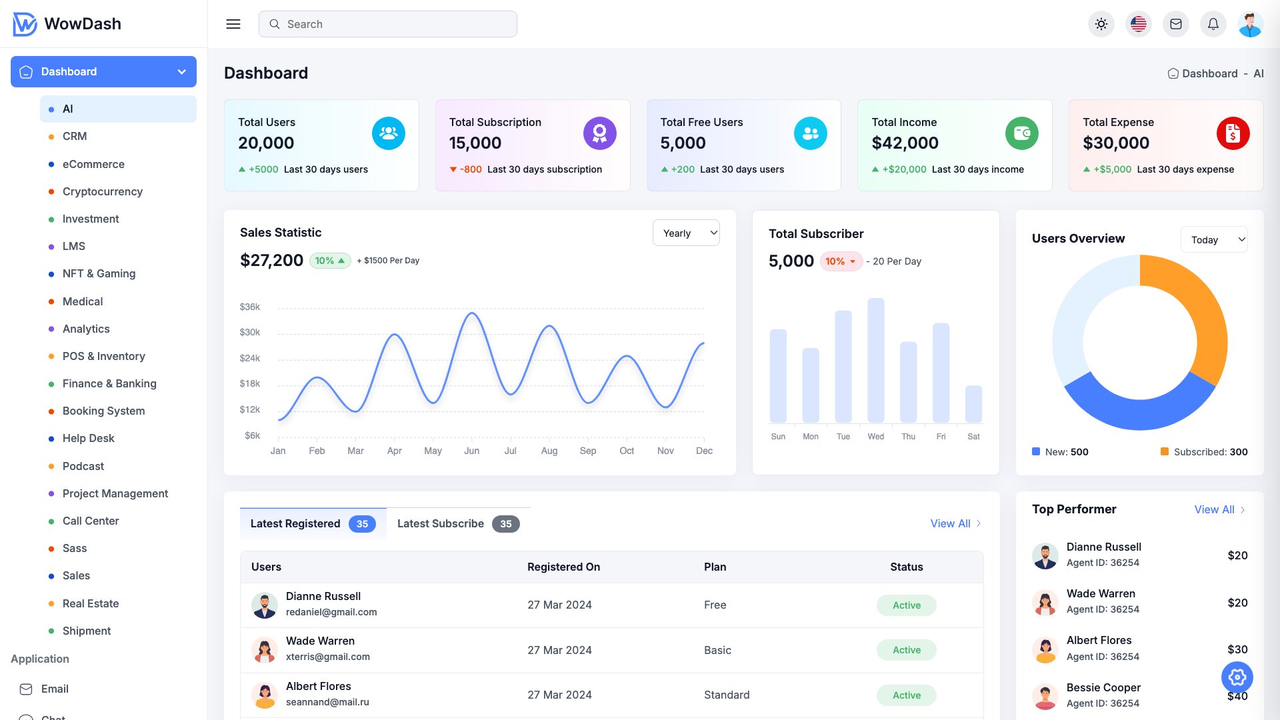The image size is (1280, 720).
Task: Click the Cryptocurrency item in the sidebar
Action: (102, 191)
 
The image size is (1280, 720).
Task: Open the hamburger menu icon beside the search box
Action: (233, 24)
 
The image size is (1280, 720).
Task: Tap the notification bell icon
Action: (1213, 24)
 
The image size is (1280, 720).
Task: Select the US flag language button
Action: (1138, 24)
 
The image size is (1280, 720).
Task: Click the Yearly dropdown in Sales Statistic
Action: (686, 233)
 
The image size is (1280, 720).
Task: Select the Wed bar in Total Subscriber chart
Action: (875, 360)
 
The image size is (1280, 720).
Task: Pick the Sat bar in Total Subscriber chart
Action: (973, 403)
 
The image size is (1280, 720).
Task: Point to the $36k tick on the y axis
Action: (250, 307)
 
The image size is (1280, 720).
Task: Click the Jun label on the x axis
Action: (471, 451)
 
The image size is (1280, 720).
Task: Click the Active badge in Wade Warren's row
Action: (906, 650)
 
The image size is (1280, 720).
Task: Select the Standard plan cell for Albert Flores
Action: (726, 695)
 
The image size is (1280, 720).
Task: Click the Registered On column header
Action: (563, 567)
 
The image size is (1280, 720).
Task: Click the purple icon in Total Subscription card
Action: (599, 133)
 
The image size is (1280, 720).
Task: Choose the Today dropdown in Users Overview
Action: (1213, 240)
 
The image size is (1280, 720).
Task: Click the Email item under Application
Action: (55, 689)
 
